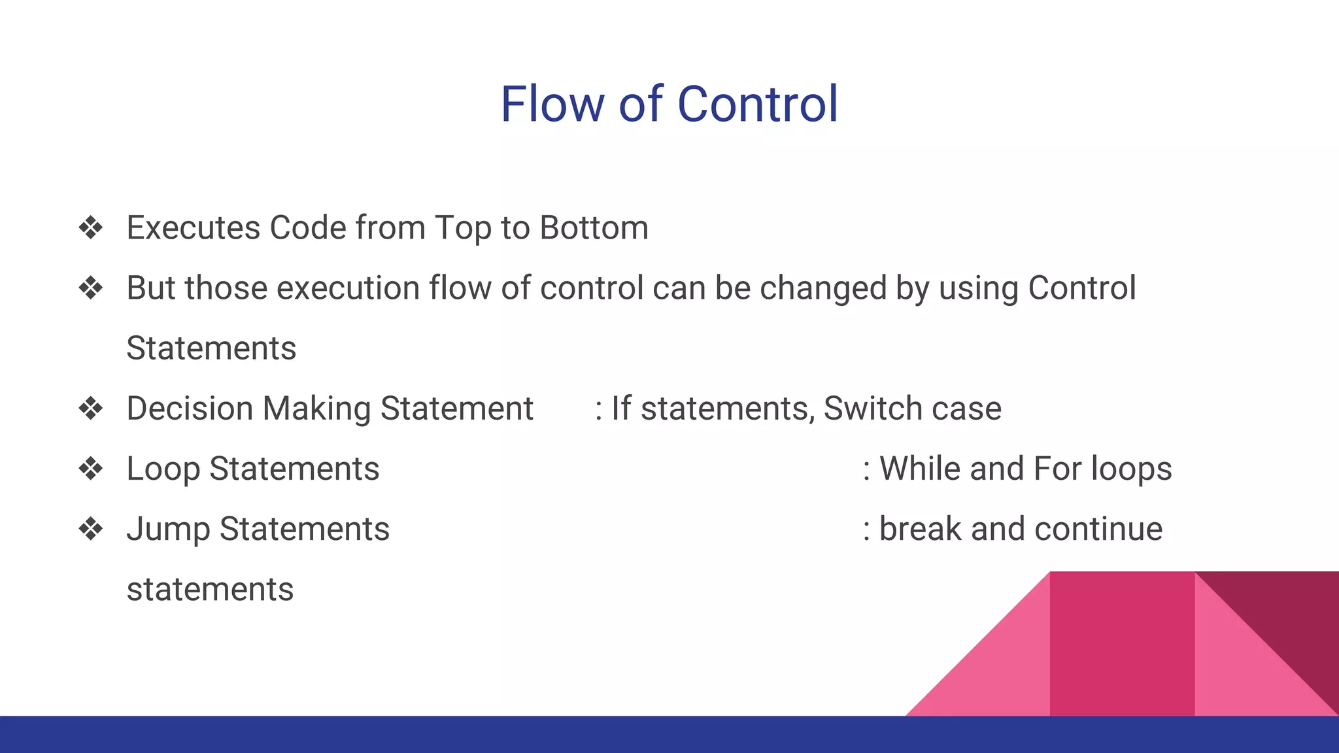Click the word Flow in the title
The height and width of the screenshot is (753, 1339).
click(552, 105)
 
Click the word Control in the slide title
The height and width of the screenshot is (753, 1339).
click(757, 105)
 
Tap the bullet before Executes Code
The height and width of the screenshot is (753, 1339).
click(91, 228)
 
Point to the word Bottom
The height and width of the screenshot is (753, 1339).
click(594, 228)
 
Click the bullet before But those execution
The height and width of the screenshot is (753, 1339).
click(91, 288)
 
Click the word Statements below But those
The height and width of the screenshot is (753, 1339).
click(211, 348)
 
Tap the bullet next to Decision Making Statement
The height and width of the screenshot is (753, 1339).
click(91, 409)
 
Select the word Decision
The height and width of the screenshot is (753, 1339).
click(190, 409)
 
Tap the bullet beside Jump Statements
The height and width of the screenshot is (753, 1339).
click(91, 529)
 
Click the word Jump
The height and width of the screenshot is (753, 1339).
click(168, 529)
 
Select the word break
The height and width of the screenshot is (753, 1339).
click(920, 529)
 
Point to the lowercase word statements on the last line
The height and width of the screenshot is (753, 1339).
click(210, 590)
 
